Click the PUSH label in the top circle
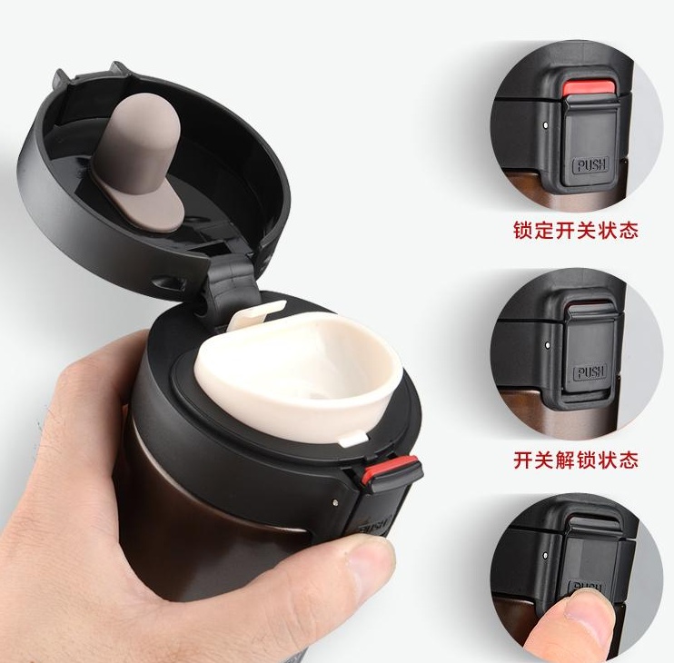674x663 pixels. pyautogui.click(x=591, y=165)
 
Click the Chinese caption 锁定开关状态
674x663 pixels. pyautogui.click(x=576, y=231)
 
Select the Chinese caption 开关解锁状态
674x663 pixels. pyautogui.click(x=576, y=460)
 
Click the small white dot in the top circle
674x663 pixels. pyautogui.click(x=546, y=125)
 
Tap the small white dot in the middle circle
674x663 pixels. pyautogui.click(x=547, y=344)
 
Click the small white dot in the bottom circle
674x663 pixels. pyautogui.click(x=546, y=555)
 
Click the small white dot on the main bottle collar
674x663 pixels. pyautogui.click(x=335, y=500)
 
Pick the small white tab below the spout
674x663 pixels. pyautogui.click(x=353, y=440)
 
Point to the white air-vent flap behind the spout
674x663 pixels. pyautogui.click(x=257, y=314)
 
